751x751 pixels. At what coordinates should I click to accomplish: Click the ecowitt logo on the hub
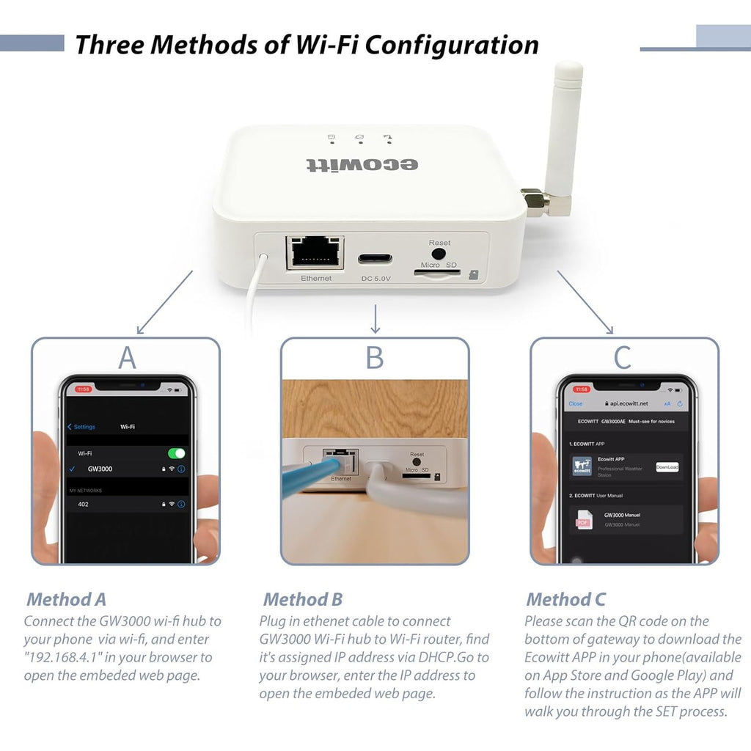(362, 163)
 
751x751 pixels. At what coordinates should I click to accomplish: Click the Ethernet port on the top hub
(316, 253)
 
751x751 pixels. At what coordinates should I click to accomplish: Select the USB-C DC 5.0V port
(375, 259)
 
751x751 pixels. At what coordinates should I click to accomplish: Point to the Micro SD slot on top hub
(438, 272)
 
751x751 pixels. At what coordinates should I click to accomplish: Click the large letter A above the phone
(127, 358)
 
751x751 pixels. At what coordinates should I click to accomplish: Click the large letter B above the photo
(375, 358)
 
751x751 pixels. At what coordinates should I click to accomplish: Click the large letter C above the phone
(622, 358)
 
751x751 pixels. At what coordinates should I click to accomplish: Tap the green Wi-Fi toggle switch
(176, 453)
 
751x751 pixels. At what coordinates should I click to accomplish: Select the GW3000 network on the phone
(100, 469)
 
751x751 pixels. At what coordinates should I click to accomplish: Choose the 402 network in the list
(84, 505)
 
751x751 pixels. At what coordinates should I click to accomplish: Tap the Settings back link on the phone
(81, 427)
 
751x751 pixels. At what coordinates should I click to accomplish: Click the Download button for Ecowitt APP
(667, 466)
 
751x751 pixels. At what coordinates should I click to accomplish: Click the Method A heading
(67, 599)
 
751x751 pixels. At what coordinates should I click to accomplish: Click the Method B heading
(303, 599)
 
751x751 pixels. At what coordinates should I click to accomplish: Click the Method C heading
(565, 599)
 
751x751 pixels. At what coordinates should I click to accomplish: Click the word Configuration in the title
(451, 45)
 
